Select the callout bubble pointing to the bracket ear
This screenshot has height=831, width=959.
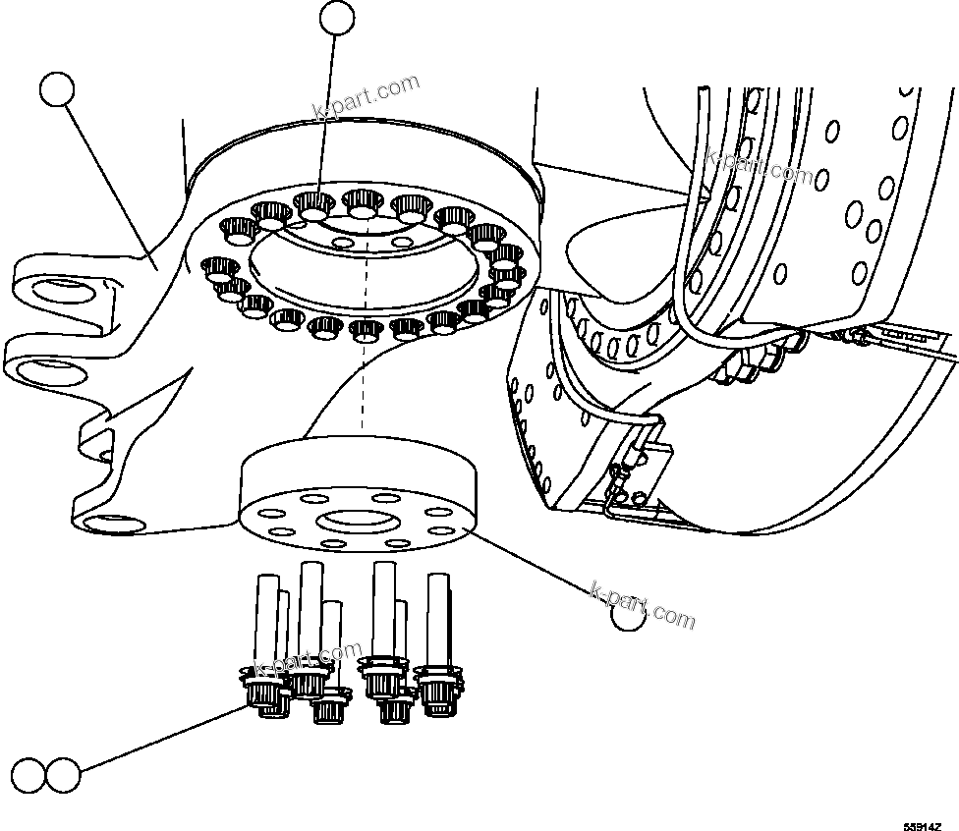pyautogui.click(x=56, y=89)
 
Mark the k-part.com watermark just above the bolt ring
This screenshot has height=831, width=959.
pyautogui.click(x=367, y=98)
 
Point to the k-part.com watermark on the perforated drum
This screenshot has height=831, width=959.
pyautogui.click(x=759, y=167)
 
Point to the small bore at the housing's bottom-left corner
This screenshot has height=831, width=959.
pyautogui.click(x=102, y=523)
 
